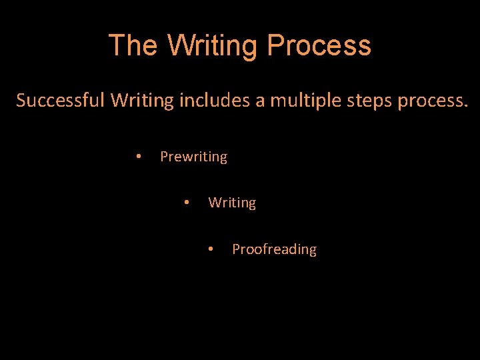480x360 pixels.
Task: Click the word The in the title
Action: [x=133, y=46]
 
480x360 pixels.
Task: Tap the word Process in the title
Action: [x=319, y=46]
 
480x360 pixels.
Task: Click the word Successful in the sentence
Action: [x=61, y=101]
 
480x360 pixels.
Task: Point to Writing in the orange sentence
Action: [x=142, y=101]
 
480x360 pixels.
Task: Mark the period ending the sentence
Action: [x=466, y=107]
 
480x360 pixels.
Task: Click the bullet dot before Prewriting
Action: [x=137, y=156]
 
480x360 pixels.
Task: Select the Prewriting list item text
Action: [x=193, y=157]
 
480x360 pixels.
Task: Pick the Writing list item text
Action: [x=232, y=203]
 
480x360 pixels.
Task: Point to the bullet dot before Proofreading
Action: [x=210, y=249]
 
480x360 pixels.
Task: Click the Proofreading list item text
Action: [x=274, y=249]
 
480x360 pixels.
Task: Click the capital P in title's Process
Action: [x=275, y=46]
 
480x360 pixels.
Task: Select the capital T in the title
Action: [x=117, y=46]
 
